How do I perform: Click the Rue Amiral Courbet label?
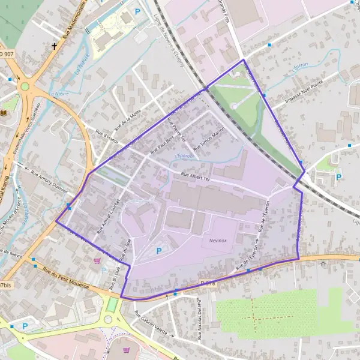108,216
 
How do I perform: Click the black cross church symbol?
55,46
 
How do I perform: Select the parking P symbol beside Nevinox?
158,251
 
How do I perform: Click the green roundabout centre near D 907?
25,86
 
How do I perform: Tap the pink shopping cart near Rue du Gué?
98,261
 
